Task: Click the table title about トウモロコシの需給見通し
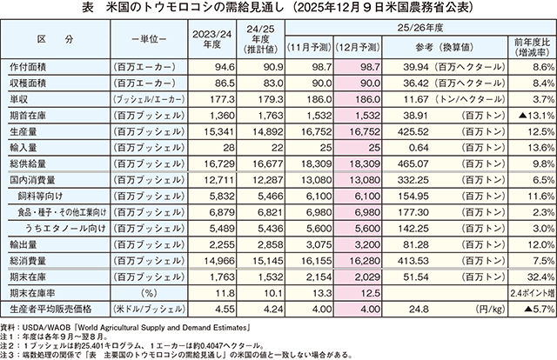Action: [278, 10]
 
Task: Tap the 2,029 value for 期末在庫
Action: [359, 277]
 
